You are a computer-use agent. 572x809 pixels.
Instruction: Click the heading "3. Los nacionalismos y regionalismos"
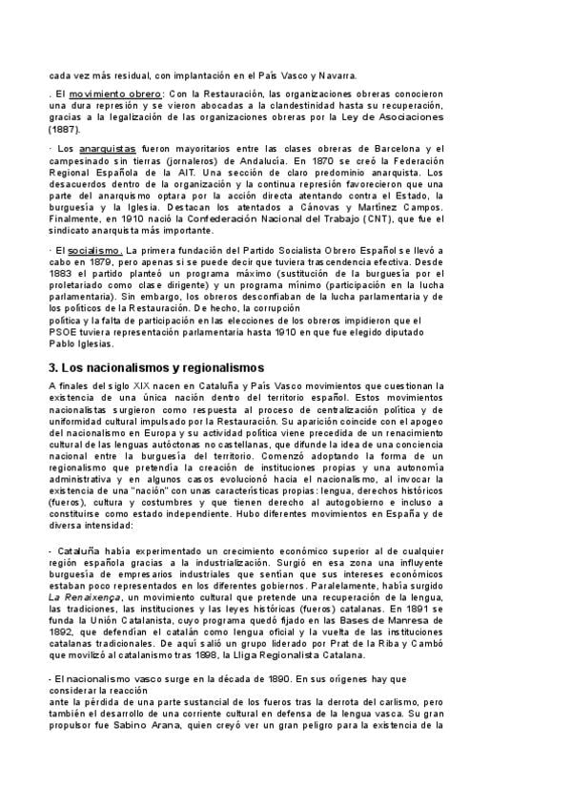(x=157, y=366)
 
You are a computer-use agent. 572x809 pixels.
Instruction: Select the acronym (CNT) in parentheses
(x=383, y=218)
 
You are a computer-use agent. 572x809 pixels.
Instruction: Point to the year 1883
(x=63, y=273)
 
